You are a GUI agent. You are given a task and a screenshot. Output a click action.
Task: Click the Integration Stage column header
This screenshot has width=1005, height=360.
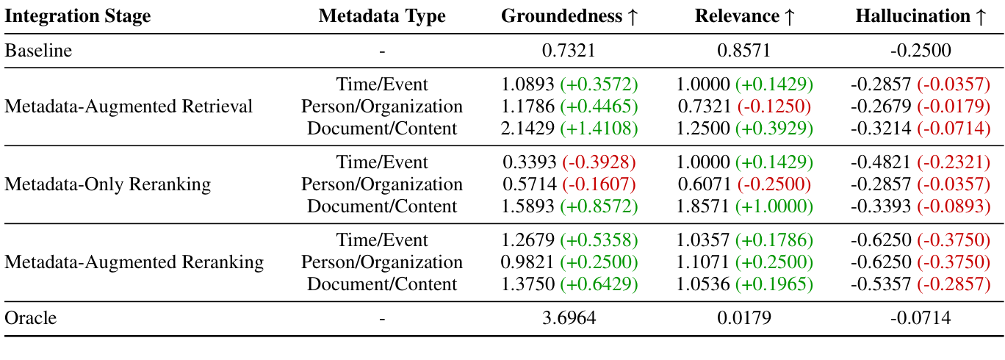point(78,16)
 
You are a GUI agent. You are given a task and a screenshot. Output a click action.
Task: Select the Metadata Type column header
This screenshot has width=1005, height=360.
point(382,16)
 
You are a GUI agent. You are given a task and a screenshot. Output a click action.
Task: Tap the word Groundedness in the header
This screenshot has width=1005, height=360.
point(561,16)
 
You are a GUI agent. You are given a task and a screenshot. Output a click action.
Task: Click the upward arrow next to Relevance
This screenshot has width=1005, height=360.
point(789,16)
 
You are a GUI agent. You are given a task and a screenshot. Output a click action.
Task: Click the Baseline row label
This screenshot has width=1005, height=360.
point(39,51)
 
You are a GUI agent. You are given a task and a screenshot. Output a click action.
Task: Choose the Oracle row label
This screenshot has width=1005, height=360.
point(30,318)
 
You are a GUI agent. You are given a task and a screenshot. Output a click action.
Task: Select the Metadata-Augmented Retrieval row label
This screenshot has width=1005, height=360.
point(129,107)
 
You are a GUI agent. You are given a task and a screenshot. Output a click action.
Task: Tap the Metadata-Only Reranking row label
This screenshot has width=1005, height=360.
point(107,184)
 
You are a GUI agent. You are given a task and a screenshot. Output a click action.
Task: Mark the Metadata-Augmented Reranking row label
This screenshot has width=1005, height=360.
point(134,262)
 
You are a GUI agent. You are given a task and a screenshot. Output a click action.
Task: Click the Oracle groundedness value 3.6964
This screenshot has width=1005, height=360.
point(569,318)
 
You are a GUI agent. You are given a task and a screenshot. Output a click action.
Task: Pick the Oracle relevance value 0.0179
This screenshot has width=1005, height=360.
point(744,318)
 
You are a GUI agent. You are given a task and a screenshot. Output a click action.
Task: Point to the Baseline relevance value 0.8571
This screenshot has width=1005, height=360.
point(744,51)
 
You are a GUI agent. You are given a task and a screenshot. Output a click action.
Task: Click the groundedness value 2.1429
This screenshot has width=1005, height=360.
point(529,129)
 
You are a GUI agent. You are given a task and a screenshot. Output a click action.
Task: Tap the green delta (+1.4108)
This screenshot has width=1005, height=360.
point(599,129)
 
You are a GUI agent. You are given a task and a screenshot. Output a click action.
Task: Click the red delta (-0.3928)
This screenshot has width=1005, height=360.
point(599,162)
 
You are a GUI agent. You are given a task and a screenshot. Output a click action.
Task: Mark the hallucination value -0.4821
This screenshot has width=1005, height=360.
point(878,162)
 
